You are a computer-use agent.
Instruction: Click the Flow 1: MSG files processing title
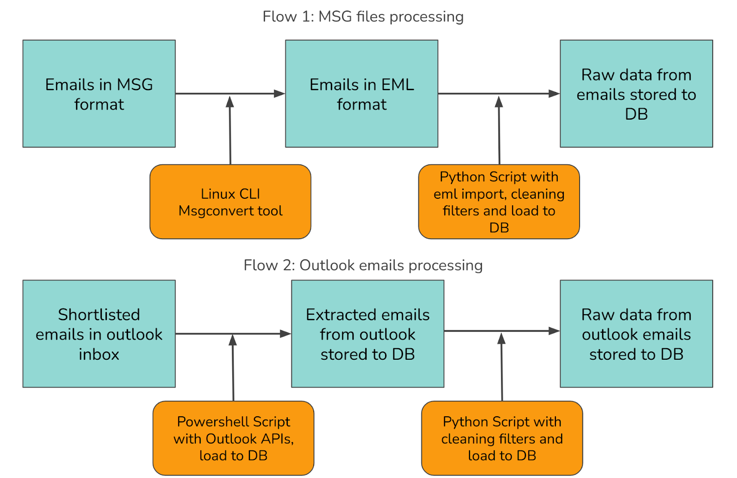pos(363,17)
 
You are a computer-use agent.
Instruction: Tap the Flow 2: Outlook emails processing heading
pos(363,265)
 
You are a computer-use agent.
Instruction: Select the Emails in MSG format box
pos(99,94)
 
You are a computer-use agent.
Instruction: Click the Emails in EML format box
pos(362,94)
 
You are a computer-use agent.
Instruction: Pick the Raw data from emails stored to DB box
pos(636,94)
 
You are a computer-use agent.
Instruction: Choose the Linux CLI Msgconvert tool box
pos(230,202)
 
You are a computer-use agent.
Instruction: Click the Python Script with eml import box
pos(499,202)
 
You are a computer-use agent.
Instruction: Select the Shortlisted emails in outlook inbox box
pos(99,334)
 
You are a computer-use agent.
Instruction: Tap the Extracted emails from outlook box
pos(368,334)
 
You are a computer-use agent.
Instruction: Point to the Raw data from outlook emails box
pos(636,334)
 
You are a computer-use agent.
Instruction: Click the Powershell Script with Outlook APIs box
pos(233,438)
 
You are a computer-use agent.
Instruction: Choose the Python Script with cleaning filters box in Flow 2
pos(502,438)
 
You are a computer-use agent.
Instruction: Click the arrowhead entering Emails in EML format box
pos(280,94)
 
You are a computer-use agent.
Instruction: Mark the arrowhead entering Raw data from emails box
pos(555,94)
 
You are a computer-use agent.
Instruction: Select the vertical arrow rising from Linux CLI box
pos(230,130)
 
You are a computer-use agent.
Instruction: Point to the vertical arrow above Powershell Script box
pos(233,368)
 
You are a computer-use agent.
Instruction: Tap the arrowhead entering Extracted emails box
pos(286,334)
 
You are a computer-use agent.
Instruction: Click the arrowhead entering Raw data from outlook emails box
pos(555,331)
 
